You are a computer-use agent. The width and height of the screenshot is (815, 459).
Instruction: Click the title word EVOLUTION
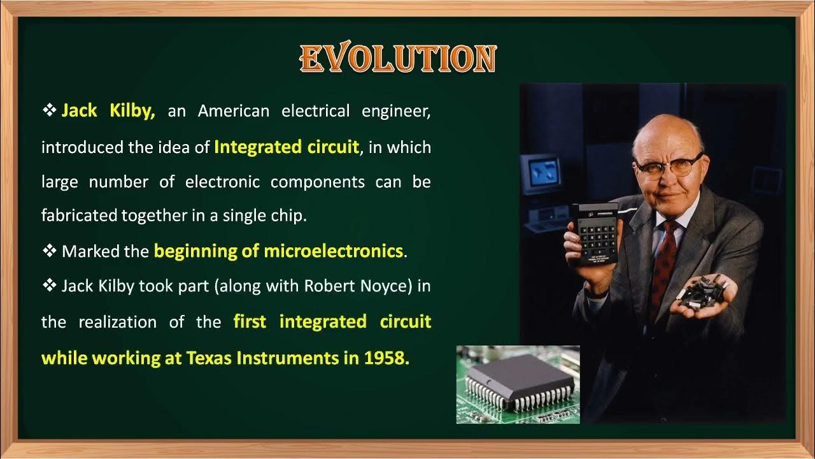point(398,59)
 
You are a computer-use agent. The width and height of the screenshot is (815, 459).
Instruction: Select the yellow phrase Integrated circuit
point(287,147)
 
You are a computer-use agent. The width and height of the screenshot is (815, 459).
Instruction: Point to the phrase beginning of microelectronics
point(278,251)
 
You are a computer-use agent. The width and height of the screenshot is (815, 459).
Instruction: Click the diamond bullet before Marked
point(50,251)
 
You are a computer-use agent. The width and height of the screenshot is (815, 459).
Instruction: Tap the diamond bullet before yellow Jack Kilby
point(50,110)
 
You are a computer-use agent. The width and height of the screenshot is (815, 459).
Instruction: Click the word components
point(317,182)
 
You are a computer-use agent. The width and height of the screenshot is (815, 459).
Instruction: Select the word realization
point(117,322)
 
